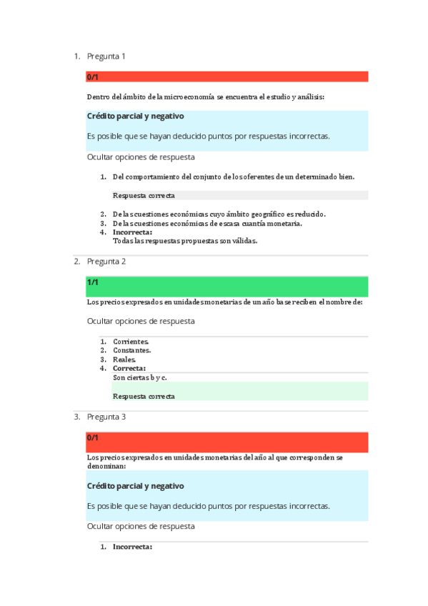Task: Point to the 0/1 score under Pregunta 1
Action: click(93, 77)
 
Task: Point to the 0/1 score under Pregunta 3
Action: click(93, 437)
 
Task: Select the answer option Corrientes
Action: click(131, 342)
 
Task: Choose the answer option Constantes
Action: click(131, 351)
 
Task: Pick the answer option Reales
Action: click(124, 359)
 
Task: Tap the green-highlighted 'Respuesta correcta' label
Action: click(144, 396)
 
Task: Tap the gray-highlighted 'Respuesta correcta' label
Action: click(144, 195)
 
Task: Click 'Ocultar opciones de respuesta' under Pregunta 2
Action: click(141, 322)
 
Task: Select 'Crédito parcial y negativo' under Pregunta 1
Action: click(136, 116)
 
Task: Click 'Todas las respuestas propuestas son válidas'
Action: click(185, 241)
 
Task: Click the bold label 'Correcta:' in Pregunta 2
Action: click(129, 369)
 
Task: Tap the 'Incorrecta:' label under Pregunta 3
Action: click(132, 547)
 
